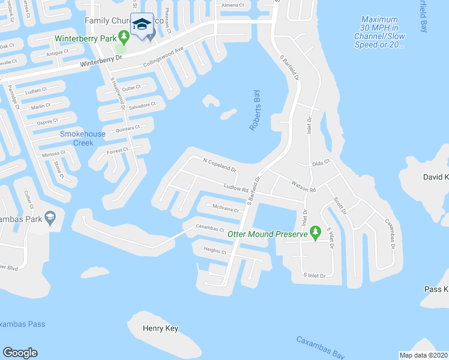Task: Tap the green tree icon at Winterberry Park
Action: [124, 38]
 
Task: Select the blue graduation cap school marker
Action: [142, 25]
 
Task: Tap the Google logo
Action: [20, 353]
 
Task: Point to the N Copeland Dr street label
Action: [220, 165]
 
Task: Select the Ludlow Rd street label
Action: [236, 188]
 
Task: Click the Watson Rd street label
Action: [303, 188]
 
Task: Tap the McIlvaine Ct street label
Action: [225, 209]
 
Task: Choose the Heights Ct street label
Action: [215, 251]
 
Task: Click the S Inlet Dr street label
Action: [314, 275]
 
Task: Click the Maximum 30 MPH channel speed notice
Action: [379, 32]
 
